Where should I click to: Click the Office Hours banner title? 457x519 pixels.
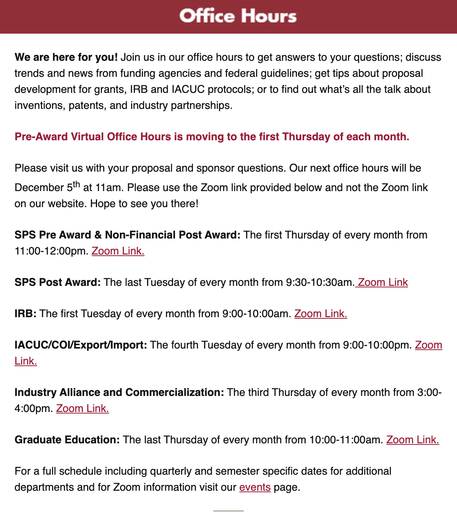(238, 16)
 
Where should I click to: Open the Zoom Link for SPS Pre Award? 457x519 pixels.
(118, 251)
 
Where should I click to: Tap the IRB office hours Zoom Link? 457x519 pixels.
(321, 314)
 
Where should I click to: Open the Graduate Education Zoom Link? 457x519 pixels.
(413, 440)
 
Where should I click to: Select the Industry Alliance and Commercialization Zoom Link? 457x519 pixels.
(83, 409)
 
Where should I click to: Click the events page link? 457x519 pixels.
(255, 487)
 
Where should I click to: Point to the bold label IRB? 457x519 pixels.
(26, 314)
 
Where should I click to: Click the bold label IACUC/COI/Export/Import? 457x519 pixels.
(81, 345)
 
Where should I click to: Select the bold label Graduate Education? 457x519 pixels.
(67, 440)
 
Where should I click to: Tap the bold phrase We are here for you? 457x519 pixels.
(66, 57)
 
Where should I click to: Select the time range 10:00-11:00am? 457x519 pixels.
(346, 440)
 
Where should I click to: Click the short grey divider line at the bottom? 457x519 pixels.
(228, 511)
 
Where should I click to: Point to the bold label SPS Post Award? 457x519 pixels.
(58, 282)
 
